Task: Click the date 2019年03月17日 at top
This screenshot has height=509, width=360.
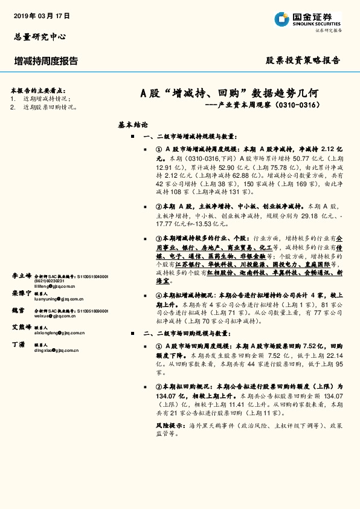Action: (x=42, y=16)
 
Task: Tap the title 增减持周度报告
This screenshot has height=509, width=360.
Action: (x=46, y=61)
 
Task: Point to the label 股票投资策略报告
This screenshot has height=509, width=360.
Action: (x=303, y=60)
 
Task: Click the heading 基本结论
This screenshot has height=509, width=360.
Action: (x=133, y=125)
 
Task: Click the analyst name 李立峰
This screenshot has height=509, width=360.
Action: (x=22, y=259)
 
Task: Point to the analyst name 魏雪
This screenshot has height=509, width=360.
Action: (x=19, y=310)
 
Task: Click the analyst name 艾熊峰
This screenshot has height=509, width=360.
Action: (x=22, y=326)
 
